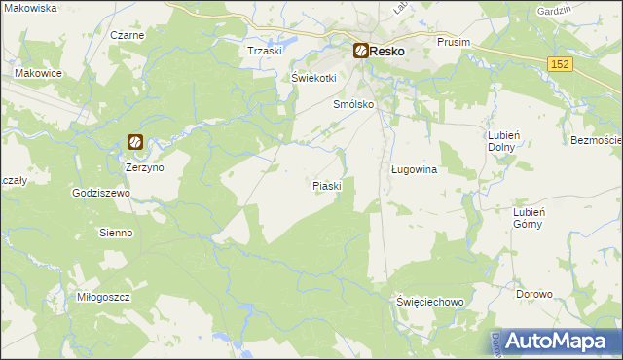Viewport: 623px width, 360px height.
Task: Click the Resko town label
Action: [386, 51]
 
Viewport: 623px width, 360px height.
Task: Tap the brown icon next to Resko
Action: [360, 50]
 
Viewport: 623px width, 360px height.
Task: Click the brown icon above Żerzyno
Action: [135, 143]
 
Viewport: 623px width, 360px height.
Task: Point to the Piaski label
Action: [327, 185]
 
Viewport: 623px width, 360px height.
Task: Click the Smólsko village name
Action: [354, 106]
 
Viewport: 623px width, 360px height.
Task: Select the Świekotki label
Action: [313, 79]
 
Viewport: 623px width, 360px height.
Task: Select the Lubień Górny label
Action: [532, 217]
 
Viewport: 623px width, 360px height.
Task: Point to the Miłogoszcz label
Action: [103, 296]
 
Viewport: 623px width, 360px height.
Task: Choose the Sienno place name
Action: [116, 234]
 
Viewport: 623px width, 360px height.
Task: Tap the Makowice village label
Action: [39, 73]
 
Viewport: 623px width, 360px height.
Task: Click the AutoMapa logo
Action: [552, 341]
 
